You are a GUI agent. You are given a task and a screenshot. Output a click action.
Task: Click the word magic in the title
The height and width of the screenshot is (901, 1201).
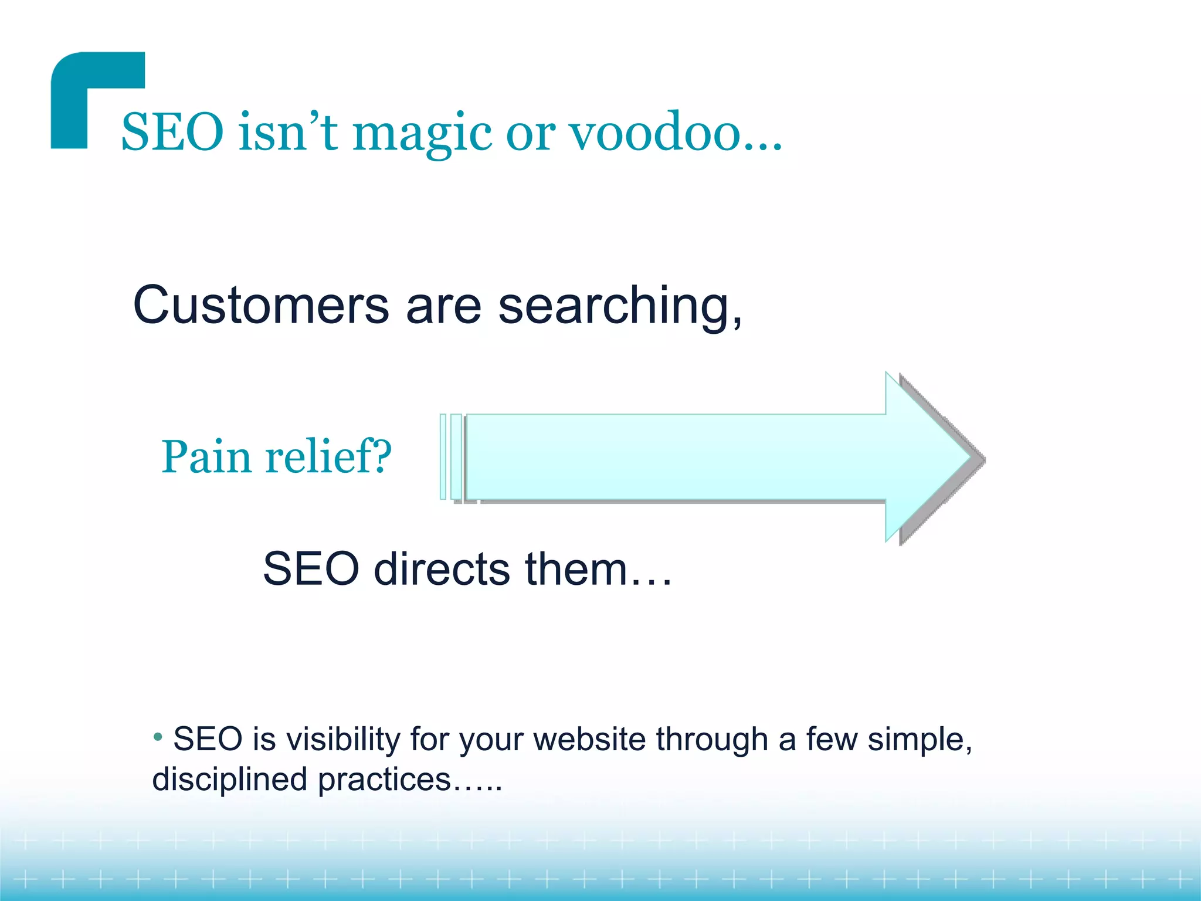pyautogui.click(x=422, y=134)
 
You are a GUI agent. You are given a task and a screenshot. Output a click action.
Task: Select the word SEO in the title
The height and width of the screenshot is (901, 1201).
pyautogui.click(x=172, y=133)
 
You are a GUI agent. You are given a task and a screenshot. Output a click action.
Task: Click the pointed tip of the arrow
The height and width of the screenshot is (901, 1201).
pyautogui.click(x=971, y=458)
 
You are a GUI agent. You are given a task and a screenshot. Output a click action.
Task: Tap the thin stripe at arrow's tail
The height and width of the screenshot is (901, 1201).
pyautogui.click(x=443, y=456)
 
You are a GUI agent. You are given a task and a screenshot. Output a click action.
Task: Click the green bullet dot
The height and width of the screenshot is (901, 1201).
pyautogui.click(x=158, y=736)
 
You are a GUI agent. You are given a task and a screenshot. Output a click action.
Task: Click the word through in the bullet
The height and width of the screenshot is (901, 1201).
pyautogui.click(x=712, y=740)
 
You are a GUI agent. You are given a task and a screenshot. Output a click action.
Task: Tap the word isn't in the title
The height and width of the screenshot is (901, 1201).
pyautogui.click(x=287, y=133)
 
